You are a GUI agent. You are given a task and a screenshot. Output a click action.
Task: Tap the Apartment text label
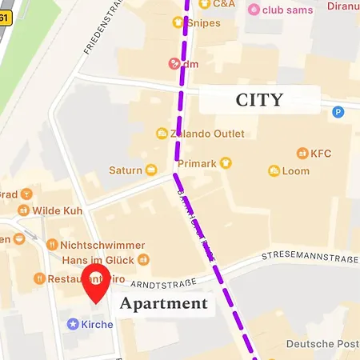coord(164,304)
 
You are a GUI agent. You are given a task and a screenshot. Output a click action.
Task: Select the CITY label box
coord(259,99)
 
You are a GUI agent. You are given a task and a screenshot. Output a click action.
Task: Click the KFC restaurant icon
coord(302,153)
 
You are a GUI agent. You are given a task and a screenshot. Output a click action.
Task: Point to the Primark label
coord(197,163)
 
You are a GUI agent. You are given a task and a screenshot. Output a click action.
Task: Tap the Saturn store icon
coord(150,170)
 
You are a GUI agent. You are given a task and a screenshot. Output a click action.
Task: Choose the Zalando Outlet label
coord(200,133)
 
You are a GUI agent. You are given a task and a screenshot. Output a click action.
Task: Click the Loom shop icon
coord(274,171)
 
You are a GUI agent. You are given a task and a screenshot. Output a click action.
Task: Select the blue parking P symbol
coord(338,113)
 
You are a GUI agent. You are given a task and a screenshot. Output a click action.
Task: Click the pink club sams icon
coord(254,10)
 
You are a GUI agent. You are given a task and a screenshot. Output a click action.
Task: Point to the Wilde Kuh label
coord(58,210)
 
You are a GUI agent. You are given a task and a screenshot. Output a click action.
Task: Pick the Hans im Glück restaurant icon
coord(143,259)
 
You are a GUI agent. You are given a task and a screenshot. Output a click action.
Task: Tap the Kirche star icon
coord(73,324)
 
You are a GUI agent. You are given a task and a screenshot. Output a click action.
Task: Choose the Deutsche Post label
coord(322,344)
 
